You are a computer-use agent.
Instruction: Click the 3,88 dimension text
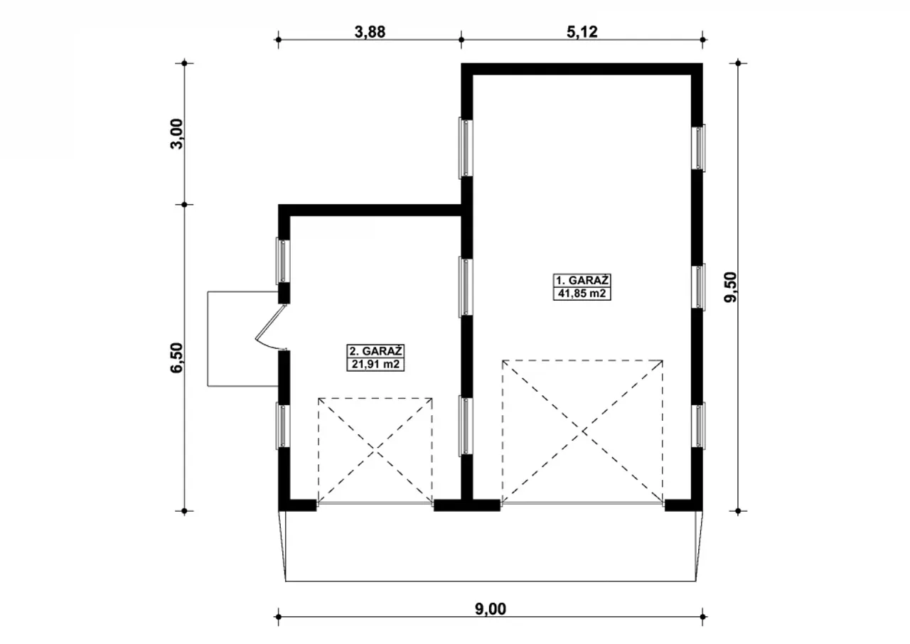pos(370,32)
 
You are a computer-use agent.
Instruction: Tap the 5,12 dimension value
pos(582,32)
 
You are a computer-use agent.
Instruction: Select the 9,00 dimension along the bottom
pos(491,609)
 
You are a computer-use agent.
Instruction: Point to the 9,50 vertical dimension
pos(730,287)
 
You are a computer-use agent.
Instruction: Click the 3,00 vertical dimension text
pos(177,134)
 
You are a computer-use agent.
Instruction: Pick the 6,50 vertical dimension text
pos(177,358)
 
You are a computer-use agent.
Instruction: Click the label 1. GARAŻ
pos(582,281)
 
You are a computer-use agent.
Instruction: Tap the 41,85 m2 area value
pos(582,294)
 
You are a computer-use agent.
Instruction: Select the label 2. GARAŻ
pos(375,351)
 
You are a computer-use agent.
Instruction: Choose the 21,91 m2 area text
pos(375,364)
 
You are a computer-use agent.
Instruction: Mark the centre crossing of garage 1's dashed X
pos(582,431)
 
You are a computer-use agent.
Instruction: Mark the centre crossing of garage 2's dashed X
pos(375,450)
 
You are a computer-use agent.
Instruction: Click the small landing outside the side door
pos(242,338)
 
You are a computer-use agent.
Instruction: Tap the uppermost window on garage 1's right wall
pos(699,148)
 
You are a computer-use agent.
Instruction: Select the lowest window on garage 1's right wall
pos(699,426)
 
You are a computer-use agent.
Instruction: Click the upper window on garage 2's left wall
pos(283,261)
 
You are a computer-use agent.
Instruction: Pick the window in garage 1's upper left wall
pos(466,149)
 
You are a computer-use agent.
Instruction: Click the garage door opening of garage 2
pos(375,504)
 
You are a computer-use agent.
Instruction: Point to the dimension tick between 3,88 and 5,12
pos(461,40)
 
